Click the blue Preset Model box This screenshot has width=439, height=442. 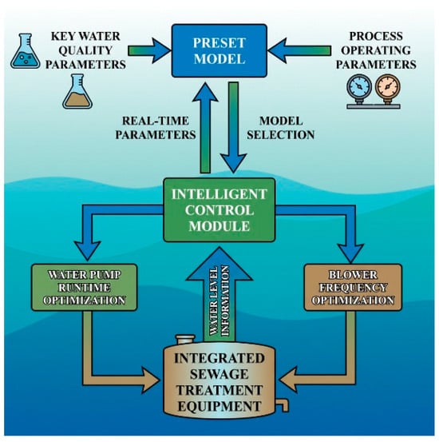[219, 50]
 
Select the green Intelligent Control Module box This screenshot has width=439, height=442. [219, 210]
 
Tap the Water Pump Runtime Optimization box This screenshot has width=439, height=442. [84, 288]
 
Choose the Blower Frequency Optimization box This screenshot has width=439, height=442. [353, 288]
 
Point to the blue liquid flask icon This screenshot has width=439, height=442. [26, 51]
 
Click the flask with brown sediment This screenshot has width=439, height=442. [77, 92]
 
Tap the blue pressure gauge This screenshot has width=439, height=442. [359, 87]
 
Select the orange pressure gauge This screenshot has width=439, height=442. [387, 87]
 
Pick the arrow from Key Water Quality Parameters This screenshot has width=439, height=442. [149, 50]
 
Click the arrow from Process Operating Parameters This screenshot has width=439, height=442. [299, 50]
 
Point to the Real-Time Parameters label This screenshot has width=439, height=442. [156, 128]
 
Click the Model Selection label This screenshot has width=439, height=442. [281, 128]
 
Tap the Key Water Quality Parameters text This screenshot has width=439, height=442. [85, 50]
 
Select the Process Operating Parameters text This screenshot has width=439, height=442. [376, 50]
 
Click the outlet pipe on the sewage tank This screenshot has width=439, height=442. [283, 404]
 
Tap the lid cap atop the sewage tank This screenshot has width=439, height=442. [185, 339]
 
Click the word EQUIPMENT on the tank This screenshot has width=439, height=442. [219, 406]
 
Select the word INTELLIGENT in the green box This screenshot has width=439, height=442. [219, 194]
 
